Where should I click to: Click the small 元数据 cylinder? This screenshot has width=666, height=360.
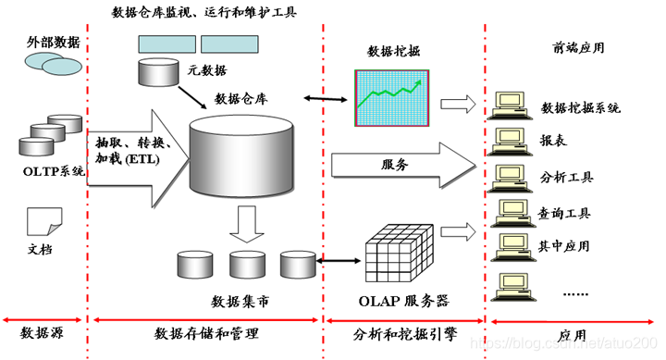[154, 71]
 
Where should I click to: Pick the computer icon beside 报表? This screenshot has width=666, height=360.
[511, 140]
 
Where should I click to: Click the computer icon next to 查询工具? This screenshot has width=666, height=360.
[511, 212]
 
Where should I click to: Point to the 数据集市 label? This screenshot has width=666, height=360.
[243, 302]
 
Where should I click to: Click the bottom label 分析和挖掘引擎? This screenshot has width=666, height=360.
[403, 332]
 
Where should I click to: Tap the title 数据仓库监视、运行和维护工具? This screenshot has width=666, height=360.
[216, 12]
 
